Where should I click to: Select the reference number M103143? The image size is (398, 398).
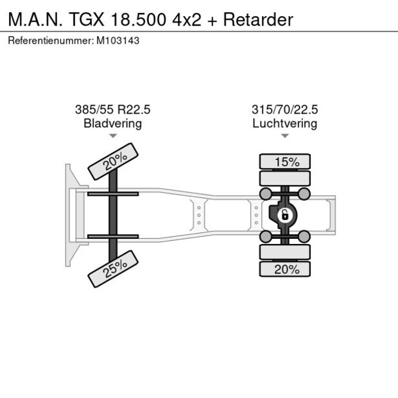point(118,40)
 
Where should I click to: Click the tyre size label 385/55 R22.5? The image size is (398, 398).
point(113,110)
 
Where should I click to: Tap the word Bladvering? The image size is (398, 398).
point(113,123)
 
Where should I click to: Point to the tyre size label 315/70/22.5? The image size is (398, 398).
point(284,110)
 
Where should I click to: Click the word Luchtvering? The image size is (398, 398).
point(284,123)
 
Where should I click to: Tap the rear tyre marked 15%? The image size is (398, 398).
point(284,162)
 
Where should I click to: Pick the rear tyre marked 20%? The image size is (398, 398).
point(284,270)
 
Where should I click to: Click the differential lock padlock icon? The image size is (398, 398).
point(282,216)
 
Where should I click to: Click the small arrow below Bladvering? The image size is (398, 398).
point(113,136)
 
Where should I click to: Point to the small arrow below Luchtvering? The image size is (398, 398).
point(284,136)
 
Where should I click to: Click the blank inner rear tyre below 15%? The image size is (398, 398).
point(284,178)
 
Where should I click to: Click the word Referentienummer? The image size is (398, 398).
point(49,40)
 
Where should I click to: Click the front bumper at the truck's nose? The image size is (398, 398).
point(68,215)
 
